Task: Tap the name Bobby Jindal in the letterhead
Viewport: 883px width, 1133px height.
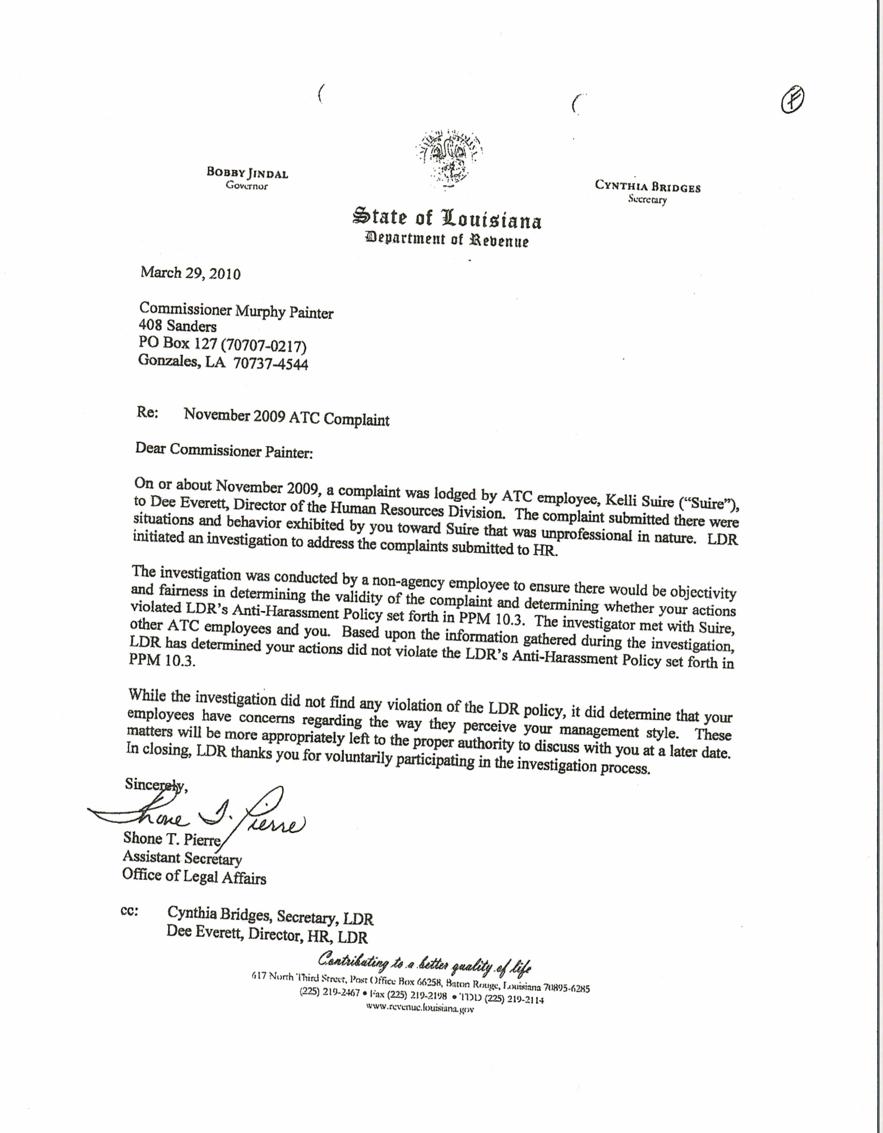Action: (247, 173)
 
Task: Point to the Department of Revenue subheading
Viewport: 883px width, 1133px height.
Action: (447, 240)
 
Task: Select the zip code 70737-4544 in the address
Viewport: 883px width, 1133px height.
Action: (271, 364)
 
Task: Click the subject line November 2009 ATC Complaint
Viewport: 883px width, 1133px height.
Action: (286, 417)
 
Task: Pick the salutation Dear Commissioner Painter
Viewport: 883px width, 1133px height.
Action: (224, 450)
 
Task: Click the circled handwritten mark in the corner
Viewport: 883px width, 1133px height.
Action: (792, 100)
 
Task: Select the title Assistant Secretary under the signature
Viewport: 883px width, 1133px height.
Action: (182, 858)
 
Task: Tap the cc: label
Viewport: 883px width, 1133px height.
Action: (129, 911)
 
